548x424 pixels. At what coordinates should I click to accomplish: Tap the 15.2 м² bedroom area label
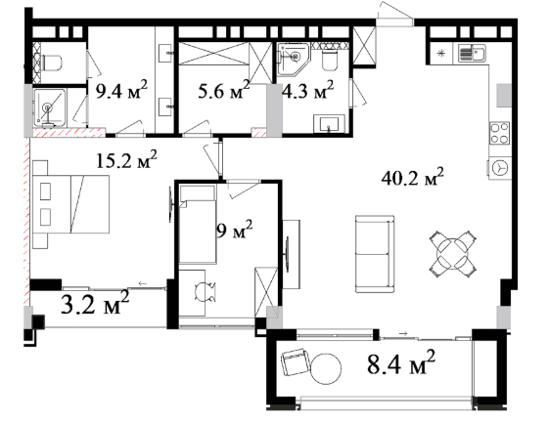tap(126, 160)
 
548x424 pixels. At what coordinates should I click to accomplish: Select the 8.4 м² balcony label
tap(401, 363)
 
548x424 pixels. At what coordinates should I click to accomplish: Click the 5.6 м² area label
tap(224, 90)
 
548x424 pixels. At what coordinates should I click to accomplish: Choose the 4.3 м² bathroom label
tap(308, 90)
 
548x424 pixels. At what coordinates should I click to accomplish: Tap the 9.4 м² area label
tap(121, 90)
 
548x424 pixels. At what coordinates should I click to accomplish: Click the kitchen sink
tap(472, 54)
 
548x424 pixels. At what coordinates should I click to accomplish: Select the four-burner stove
tap(499, 133)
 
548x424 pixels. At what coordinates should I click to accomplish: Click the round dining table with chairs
tap(453, 254)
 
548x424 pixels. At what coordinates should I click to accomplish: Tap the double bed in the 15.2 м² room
tap(70, 204)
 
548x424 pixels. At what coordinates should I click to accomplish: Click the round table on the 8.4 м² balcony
tap(326, 369)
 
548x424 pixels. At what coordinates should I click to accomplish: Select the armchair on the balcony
tap(296, 362)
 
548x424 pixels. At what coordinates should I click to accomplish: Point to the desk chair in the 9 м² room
tap(205, 292)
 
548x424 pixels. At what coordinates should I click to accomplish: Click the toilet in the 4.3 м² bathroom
tap(330, 60)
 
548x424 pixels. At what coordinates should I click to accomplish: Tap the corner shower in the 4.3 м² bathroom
tap(293, 59)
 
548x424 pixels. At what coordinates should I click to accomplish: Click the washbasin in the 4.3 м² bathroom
tap(329, 124)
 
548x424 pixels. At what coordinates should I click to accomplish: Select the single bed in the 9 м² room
tap(198, 224)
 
